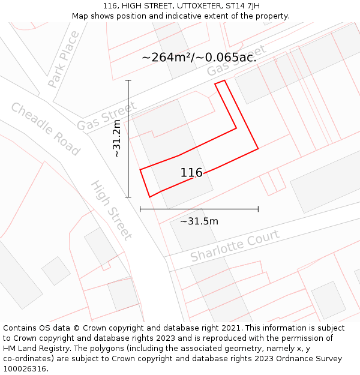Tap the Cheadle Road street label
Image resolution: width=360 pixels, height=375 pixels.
(x=45, y=129)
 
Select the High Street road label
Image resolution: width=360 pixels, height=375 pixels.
(x=111, y=209)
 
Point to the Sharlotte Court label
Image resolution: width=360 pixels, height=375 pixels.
(x=235, y=245)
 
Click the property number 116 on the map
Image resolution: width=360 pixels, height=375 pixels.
(x=191, y=173)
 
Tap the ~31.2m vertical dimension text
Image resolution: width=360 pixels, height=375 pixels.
(x=117, y=139)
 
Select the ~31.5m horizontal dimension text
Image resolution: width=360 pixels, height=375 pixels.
(x=199, y=221)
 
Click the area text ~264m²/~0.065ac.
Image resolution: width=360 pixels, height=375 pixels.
(x=199, y=58)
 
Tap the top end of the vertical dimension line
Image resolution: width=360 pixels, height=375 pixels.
(x=128, y=80)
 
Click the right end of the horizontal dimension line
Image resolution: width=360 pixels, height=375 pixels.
(x=258, y=209)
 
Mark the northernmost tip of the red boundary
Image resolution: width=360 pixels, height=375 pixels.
(x=224, y=80)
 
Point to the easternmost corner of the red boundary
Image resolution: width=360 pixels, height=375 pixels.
(x=258, y=148)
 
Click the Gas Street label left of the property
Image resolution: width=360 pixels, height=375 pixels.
(x=106, y=116)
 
